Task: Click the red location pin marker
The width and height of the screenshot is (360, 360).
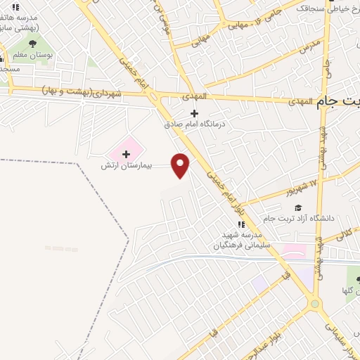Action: (181, 165)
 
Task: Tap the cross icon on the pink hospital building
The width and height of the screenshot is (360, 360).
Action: (127, 153)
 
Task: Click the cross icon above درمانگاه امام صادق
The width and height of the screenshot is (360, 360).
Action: (195, 113)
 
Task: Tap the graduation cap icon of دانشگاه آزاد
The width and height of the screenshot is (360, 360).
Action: (297, 207)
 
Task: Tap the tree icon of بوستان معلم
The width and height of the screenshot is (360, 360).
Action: (32, 42)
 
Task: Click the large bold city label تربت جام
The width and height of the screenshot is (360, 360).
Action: (339, 101)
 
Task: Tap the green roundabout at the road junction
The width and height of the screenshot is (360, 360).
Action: (313, 304)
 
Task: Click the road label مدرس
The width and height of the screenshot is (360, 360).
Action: (310, 47)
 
